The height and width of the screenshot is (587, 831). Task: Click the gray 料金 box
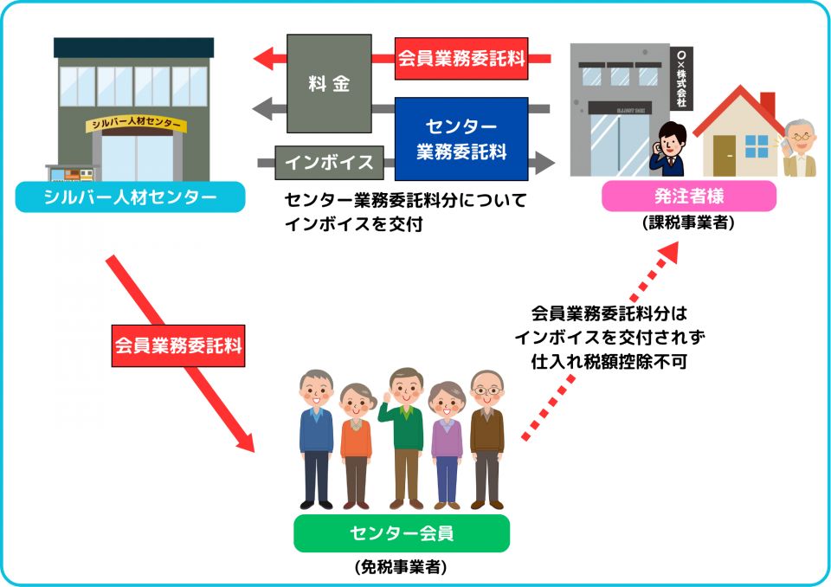[x=329, y=83]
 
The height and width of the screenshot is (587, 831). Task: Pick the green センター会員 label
[x=401, y=533]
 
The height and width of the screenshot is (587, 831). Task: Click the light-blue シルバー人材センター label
[x=118, y=197]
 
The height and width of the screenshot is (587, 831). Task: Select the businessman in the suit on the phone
[x=669, y=149]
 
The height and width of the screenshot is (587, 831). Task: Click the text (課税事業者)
[x=688, y=223]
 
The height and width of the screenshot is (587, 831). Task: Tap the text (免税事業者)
[x=400, y=567]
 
